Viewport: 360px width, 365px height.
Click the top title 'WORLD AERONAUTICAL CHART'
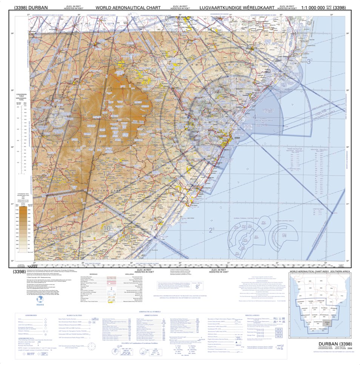click(128, 8)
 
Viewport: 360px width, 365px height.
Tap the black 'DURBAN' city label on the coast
click(237, 138)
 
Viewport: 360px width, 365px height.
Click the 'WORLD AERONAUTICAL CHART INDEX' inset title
click(316, 271)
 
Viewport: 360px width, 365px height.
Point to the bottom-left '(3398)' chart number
click(20, 271)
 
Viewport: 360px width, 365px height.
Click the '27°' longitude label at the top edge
click(29, 15)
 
